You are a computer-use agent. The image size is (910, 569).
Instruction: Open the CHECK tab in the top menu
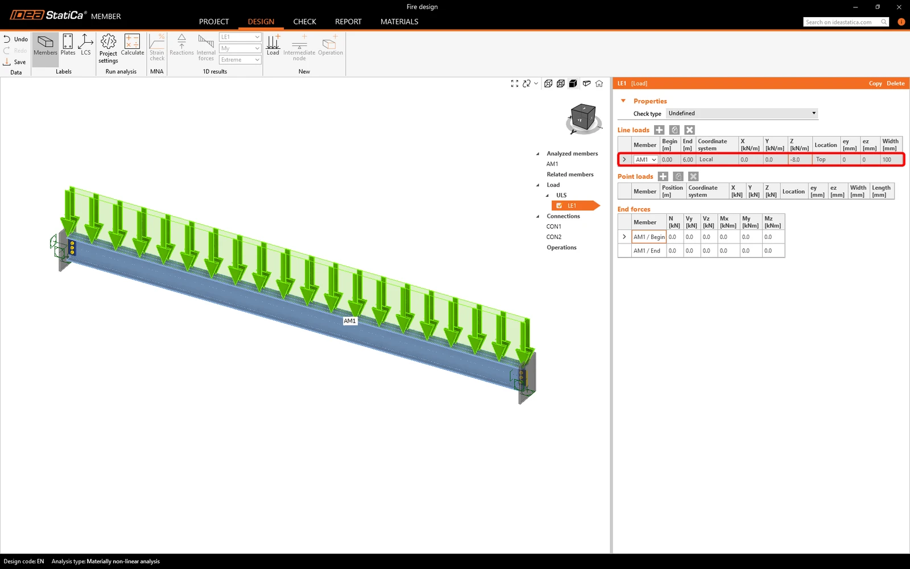coord(305,22)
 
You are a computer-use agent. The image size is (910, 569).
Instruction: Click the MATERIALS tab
coord(399,22)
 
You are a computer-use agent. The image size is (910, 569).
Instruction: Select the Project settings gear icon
coord(109,41)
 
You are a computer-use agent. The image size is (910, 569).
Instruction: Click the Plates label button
coord(68,45)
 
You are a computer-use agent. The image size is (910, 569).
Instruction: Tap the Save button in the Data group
coord(15,62)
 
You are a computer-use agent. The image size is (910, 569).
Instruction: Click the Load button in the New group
coord(273,45)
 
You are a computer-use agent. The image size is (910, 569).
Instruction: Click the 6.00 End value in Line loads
coord(688,160)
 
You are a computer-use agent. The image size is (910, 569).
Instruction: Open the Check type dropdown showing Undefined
coord(742,113)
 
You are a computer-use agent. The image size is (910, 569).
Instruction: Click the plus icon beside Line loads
coord(659,130)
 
